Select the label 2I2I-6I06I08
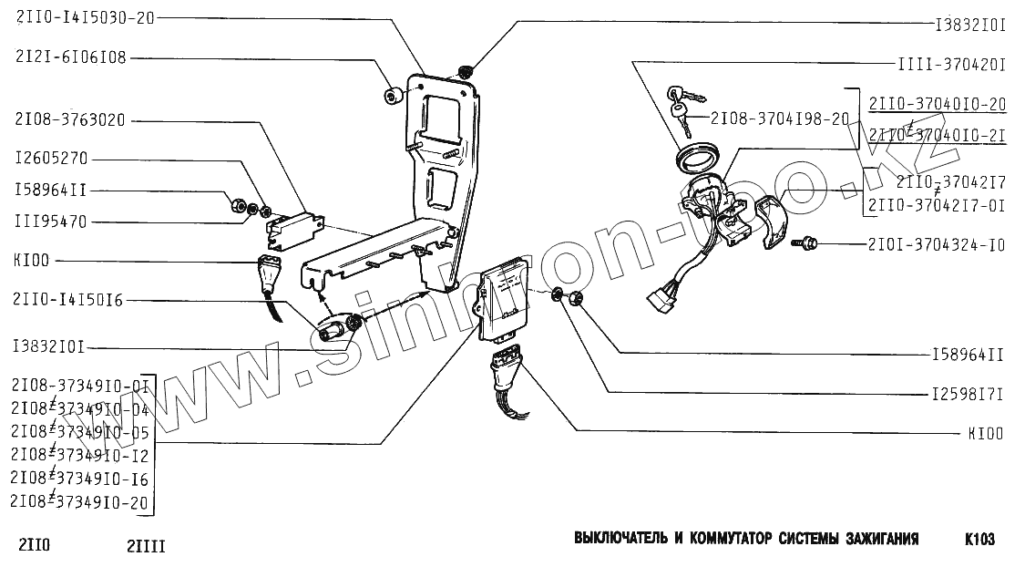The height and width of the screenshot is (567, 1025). pyautogui.click(x=70, y=57)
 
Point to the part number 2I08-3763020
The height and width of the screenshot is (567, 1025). pyautogui.click(x=70, y=119)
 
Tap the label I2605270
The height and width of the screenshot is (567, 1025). pyautogui.click(x=50, y=159)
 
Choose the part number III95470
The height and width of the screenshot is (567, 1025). pyautogui.click(x=50, y=222)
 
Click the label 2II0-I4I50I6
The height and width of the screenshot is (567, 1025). pyautogui.click(x=69, y=297)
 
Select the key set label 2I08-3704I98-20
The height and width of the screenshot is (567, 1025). pyautogui.click(x=780, y=119)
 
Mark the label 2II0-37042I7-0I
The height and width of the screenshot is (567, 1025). pyautogui.click(x=937, y=205)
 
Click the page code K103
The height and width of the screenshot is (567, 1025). pyautogui.click(x=979, y=540)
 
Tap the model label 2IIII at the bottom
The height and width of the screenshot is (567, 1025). pyautogui.click(x=146, y=548)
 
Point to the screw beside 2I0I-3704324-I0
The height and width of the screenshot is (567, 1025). pyautogui.click(x=805, y=244)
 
